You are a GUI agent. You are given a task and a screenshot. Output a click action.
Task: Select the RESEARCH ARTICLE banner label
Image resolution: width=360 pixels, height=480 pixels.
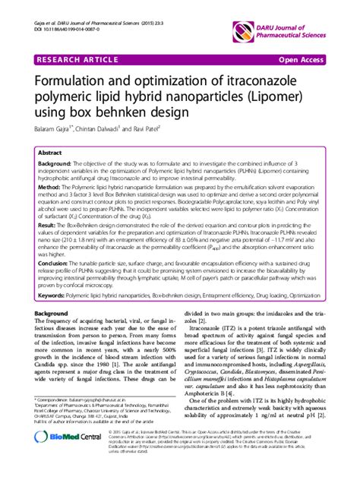pyautogui.click(x=75, y=58)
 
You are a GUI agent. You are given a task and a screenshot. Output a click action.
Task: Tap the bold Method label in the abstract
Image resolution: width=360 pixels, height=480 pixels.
pyautogui.click(x=49, y=186)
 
